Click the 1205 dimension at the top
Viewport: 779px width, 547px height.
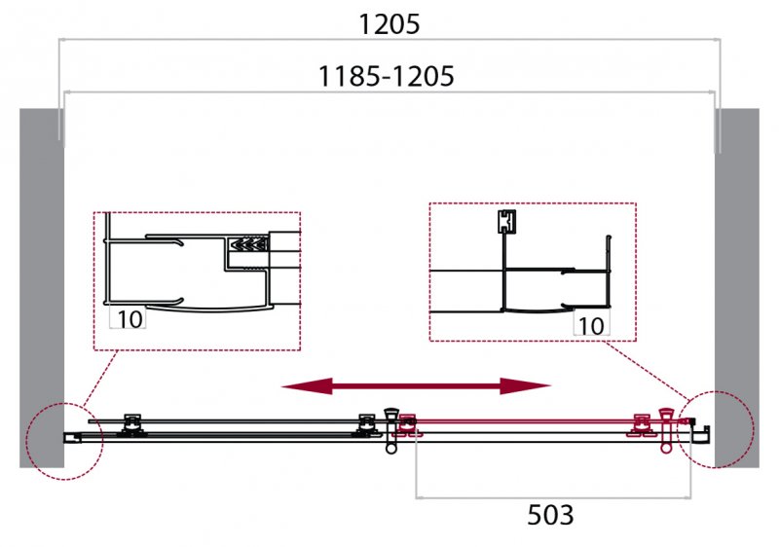click(x=389, y=23)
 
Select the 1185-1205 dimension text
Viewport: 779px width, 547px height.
click(x=386, y=77)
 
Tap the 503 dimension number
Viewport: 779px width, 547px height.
click(x=550, y=515)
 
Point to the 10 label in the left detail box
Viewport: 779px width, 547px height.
click(x=130, y=318)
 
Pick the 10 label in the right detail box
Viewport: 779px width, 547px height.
click(x=591, y=326)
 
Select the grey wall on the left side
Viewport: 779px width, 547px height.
click(x=42, y=288)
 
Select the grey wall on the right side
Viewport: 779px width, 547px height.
click(x=737, y=288)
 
